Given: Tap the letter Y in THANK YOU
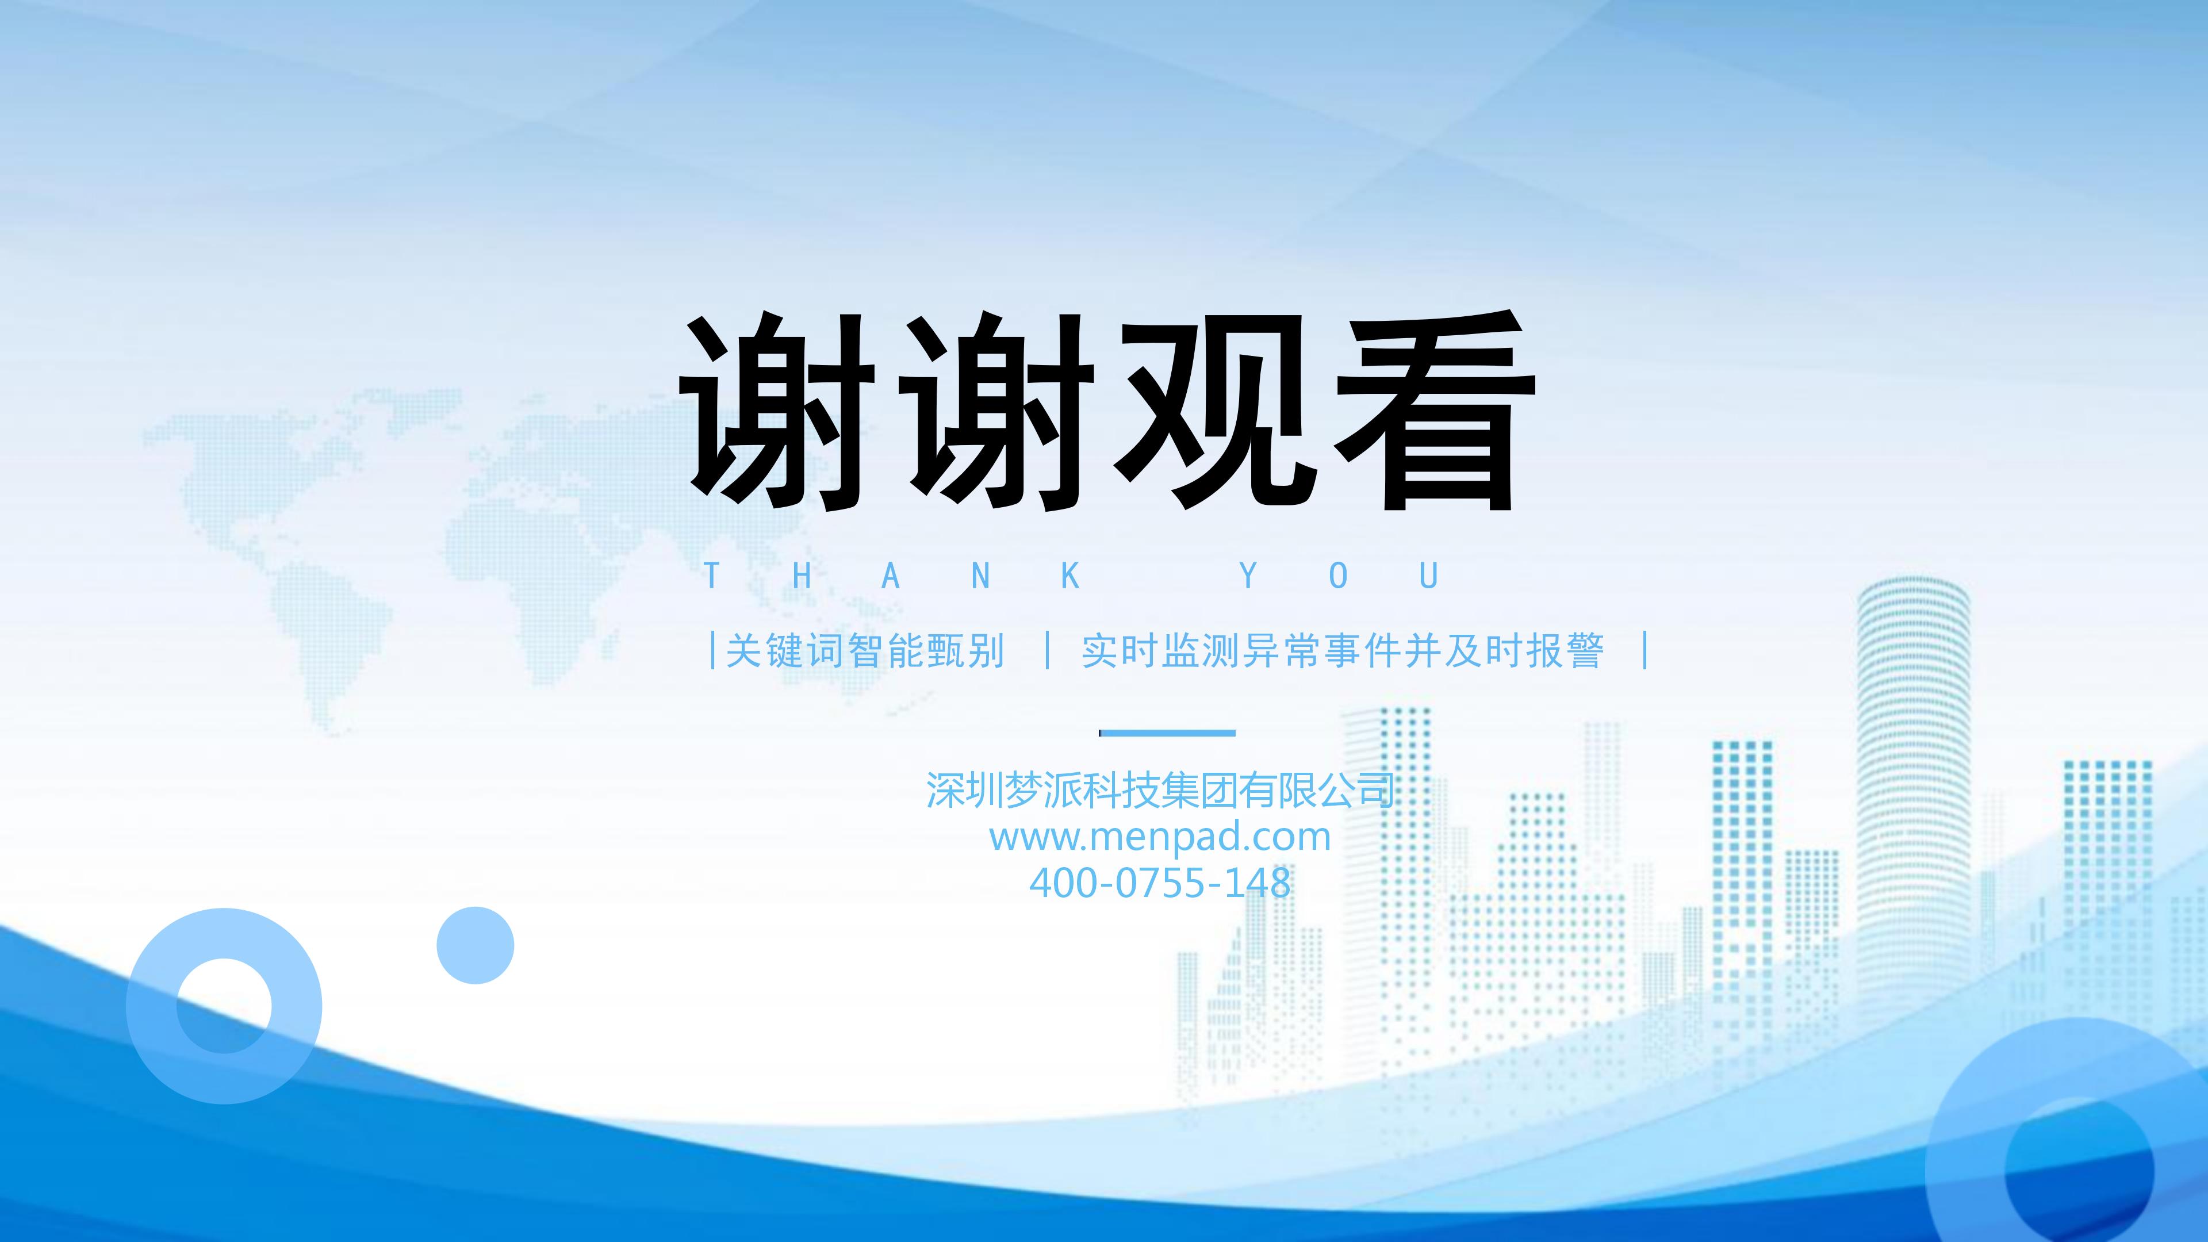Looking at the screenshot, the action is tap(1249, 576).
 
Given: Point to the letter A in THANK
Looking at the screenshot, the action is tap(891, 576).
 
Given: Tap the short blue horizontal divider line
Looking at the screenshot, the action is tap(1167, 733).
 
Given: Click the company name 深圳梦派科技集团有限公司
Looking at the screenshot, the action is tap(1160, 789).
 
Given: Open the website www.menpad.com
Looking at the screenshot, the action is tap(1160, 837).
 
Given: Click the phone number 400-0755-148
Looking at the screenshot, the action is tap(1160, 883).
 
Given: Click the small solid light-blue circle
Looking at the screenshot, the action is tap(475, 945).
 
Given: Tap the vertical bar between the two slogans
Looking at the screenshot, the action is tap(1048, 650).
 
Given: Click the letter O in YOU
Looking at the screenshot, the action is tap(1338, 576).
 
